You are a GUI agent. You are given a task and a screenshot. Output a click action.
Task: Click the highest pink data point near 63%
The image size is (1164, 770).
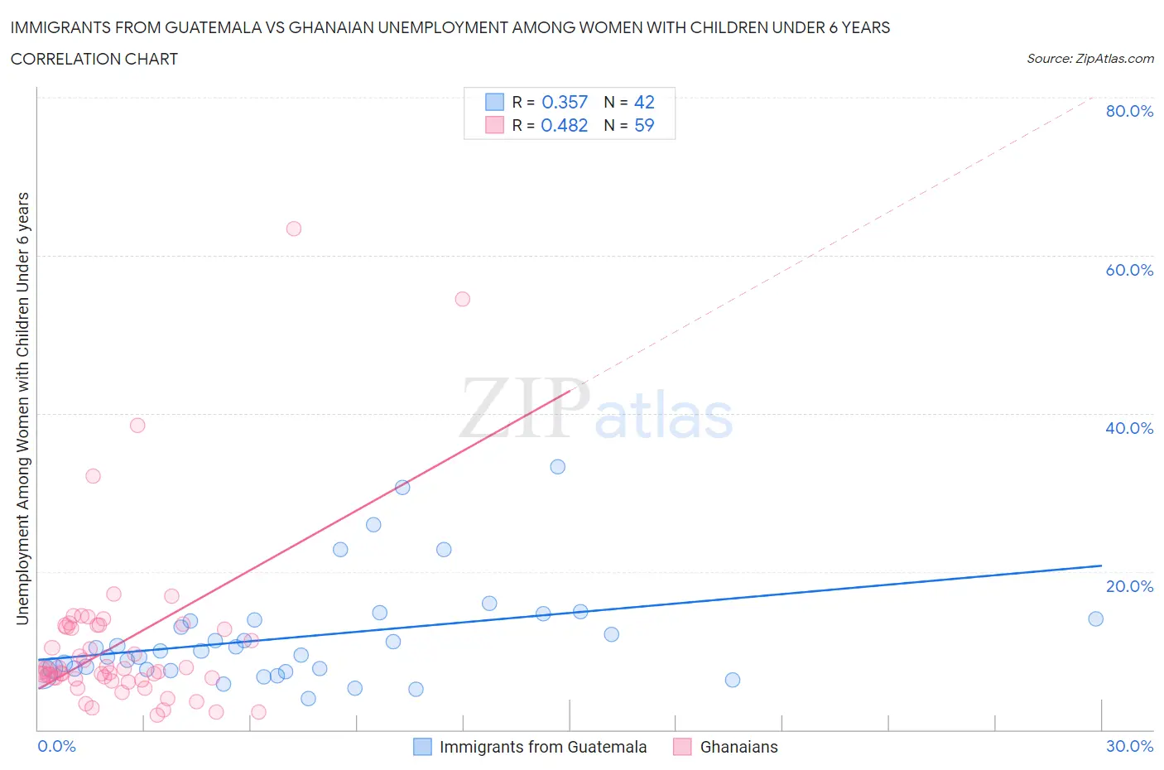pyautogui.click(x=293, y=229)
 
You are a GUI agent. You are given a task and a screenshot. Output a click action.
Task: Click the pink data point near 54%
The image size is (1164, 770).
pyautogui.click(x=462, y=299)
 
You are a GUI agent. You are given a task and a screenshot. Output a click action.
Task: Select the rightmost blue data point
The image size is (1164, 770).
pyautogui.click(x=1095, y=618)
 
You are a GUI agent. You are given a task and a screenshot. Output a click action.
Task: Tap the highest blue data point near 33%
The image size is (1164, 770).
pyautogui.click(x=558, y=467)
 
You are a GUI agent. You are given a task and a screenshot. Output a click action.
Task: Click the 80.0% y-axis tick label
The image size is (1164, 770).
pyautogui.click(x=1129, y=111)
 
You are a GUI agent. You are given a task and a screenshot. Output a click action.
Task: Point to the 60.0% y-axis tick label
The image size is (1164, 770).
pyautogui.click(x=1129, y=270)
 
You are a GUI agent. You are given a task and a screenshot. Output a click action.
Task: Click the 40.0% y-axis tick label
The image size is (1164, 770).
pyautogui.click(x=1129, y=428)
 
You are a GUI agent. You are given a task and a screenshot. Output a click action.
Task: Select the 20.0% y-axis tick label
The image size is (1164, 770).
pyautogui.click(x=1129, y=586)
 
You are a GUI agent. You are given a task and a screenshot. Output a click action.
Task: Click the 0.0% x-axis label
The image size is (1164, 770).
pyautogui.click(x=56, y=746)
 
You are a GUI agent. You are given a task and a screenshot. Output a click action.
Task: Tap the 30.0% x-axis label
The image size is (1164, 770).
pyautogui.click(x=1129, y=746)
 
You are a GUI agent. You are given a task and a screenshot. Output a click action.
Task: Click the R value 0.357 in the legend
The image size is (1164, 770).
pyautogui.click(x=564, y=102)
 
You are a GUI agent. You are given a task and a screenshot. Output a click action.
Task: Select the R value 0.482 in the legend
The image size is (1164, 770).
pyautogui.click(x=564, y=125)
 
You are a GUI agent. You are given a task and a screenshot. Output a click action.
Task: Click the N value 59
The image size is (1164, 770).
pyautogui.click(x=644, y=125)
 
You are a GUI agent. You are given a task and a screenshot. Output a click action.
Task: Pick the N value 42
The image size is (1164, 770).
pyautogui.click(x=644, y=102)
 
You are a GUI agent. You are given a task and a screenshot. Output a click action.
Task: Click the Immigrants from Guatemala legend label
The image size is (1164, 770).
pyautogui.click(x=542, y=747)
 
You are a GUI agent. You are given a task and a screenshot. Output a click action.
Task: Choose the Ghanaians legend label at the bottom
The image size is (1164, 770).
pyautogui.click(x=738, y=747)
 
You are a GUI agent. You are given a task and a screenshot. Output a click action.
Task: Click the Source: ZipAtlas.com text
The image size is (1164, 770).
pyautogui.click(x=1089, y=58)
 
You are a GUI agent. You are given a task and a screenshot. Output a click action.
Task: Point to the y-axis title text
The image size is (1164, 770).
pyautogui.click(x=22, y=408)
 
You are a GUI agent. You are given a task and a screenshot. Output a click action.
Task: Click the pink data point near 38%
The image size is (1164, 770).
pyautogui.click(x=137, y=425)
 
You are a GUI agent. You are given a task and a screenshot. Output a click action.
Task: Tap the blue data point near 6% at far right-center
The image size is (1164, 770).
pyautogui.click(x=732, y=680)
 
